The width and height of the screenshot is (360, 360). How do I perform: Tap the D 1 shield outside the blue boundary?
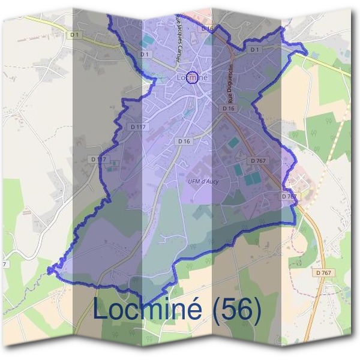74,35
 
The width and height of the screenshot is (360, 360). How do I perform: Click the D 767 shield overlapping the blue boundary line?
289,196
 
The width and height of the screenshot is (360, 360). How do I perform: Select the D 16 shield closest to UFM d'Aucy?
184,141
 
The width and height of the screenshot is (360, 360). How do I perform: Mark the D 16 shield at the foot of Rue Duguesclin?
227,109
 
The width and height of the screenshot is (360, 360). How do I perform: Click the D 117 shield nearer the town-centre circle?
137,127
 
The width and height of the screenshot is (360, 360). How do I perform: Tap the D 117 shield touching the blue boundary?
98,159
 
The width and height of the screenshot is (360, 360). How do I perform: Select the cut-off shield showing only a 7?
5,264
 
